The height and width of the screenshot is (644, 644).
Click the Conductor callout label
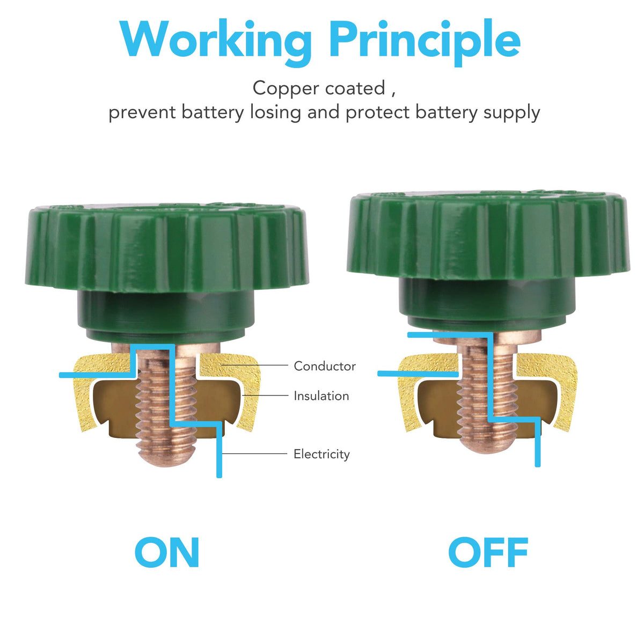(325, 366)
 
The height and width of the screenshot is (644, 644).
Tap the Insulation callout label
(321, 396)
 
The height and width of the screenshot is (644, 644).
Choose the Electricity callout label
(321, 454)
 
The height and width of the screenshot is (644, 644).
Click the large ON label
(167, 552)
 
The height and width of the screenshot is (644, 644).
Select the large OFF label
(488, 552)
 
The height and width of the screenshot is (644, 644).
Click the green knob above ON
(166, 247)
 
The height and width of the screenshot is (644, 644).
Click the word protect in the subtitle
(378, 113)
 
